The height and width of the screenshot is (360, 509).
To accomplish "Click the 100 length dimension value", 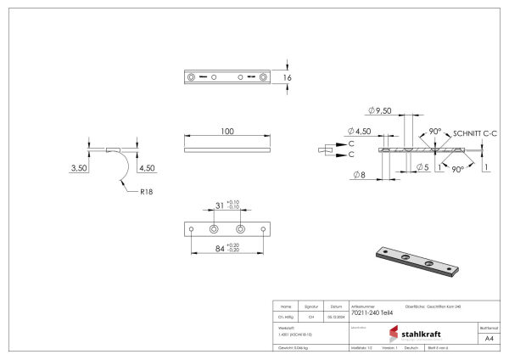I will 227,132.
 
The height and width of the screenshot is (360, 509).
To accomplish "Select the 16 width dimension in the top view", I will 288,77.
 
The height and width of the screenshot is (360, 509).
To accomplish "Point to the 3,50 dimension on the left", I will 79,168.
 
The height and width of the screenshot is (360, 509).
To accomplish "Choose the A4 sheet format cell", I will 488,338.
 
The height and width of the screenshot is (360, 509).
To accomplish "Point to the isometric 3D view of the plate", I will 417,262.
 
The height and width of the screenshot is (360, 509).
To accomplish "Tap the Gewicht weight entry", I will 292,348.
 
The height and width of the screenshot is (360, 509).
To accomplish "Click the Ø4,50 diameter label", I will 361,131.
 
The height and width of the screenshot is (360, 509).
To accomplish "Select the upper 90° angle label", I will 435,132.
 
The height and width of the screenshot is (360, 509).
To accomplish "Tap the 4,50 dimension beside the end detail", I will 146,168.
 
